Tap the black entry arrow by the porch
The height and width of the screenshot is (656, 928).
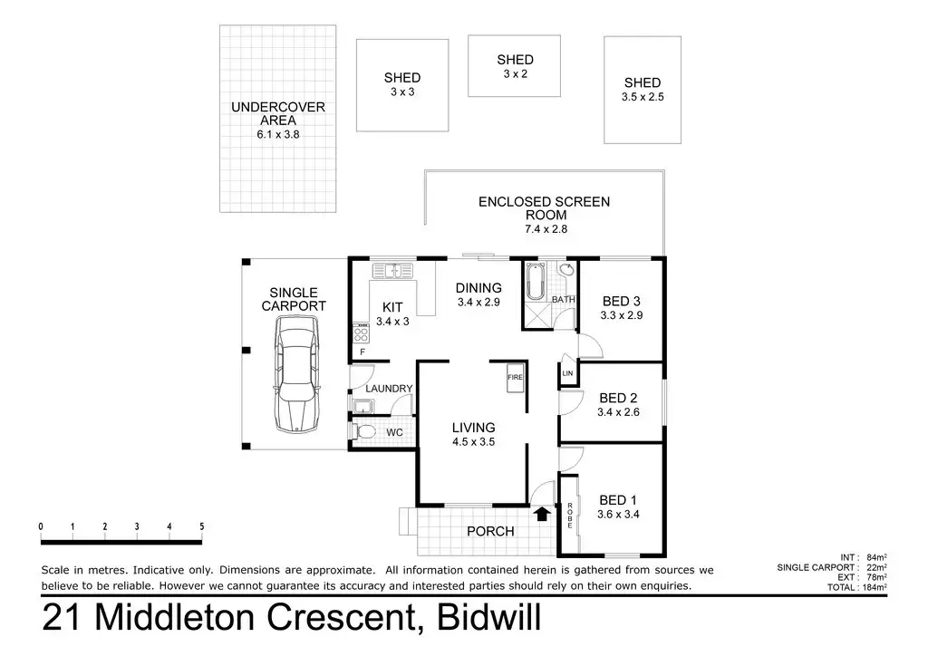(542, 514)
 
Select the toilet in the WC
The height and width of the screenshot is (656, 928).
(365, 432)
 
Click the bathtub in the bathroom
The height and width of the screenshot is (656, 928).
(534, 282)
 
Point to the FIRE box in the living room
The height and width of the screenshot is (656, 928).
(515, 377)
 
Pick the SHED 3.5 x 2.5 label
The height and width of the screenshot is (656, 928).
(643, 90)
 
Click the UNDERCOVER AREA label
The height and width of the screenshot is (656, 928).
(278, 120)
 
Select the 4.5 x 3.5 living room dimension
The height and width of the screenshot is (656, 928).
(474, 443)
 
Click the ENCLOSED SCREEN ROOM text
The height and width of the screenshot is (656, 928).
(545, 208)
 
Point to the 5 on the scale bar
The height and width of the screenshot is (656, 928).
(201, 526)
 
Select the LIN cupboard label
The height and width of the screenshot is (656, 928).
(568, 372)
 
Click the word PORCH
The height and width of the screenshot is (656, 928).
(490, 531)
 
